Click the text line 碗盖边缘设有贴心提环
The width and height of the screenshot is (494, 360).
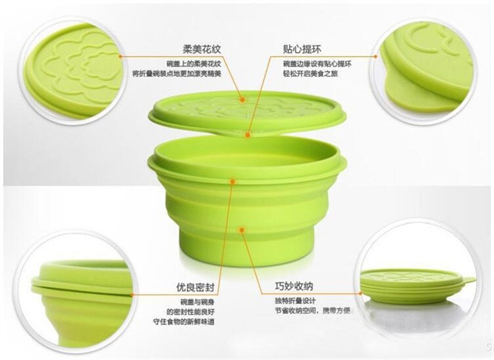[x=318, y=63]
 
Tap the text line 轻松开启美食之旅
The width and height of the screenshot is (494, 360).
[x=309, y=74]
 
